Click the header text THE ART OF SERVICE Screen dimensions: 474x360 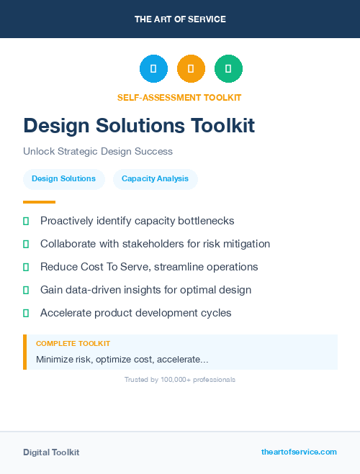click(x=180, y=19)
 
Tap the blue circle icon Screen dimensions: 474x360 click(x=153, y=69)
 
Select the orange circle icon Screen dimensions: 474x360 click(x=191, y=69)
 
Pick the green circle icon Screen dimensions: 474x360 click(x=228, y=69)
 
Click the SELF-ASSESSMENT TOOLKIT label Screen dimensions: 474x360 click(x=179, y=97)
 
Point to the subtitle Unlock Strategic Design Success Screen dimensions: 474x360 click(x=98, y=152)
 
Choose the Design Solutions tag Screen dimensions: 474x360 click(x=63, y=179)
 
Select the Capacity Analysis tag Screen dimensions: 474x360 click(x=155, y=179)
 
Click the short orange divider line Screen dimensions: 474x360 click(x=39, y=202)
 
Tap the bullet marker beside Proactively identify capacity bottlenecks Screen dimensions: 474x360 click(x=26, y=221)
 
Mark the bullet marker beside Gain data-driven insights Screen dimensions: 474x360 click(x=26, y=290)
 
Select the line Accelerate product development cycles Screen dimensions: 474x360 click(x=136, y=313)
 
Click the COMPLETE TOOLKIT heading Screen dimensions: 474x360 click(x=73, y=344)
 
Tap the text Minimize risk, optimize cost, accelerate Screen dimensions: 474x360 click(x=122, y=359)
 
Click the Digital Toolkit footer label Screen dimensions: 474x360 click(x=51, y=452)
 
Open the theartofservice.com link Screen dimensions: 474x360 click(x=299, y=452)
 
